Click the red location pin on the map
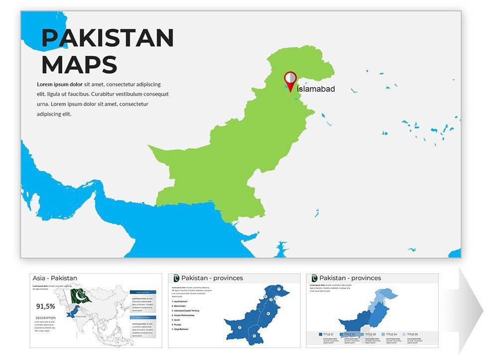290,81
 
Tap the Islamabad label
316,89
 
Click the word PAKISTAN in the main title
108,38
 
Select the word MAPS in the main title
79,65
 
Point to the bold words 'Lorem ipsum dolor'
60,84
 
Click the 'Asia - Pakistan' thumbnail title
55,278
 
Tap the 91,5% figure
46,306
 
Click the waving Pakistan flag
80,296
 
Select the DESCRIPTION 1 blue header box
143,292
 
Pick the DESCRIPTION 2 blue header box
143,317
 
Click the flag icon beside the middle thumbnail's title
176,278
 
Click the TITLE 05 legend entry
413,334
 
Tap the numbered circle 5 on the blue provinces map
254,336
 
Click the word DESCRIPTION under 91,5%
45,318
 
